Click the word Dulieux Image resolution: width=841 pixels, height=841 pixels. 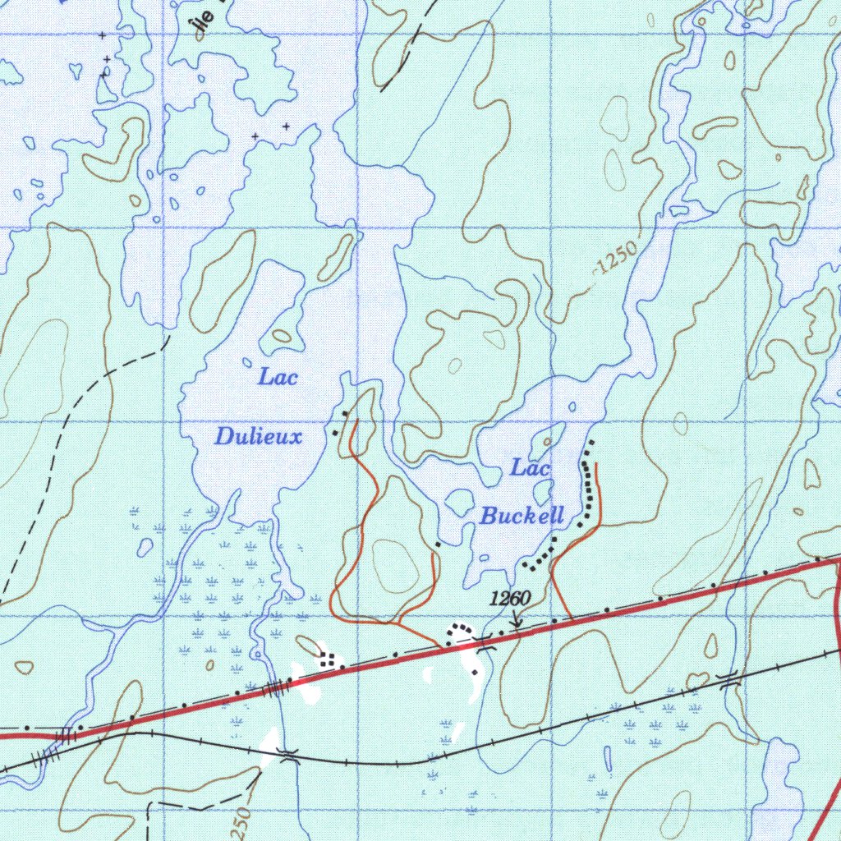[258, 436]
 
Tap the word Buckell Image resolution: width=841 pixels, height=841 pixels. [522, 517]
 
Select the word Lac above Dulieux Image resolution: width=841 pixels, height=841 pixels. [278, 378]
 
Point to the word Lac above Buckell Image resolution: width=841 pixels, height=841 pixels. [530, 468]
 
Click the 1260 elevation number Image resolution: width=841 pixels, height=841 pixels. [509, 599]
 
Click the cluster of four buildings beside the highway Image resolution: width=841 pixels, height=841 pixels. [329, 658]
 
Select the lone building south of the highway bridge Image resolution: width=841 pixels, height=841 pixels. [475, 673]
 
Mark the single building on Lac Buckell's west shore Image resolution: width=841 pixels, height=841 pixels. [438, 544]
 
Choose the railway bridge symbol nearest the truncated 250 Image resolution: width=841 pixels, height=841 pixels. [287, 755]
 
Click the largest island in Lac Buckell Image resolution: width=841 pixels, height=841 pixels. [549, 439]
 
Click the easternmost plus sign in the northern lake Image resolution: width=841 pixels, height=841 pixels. [286, 126]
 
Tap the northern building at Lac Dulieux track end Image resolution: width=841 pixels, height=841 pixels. [345, 412]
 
